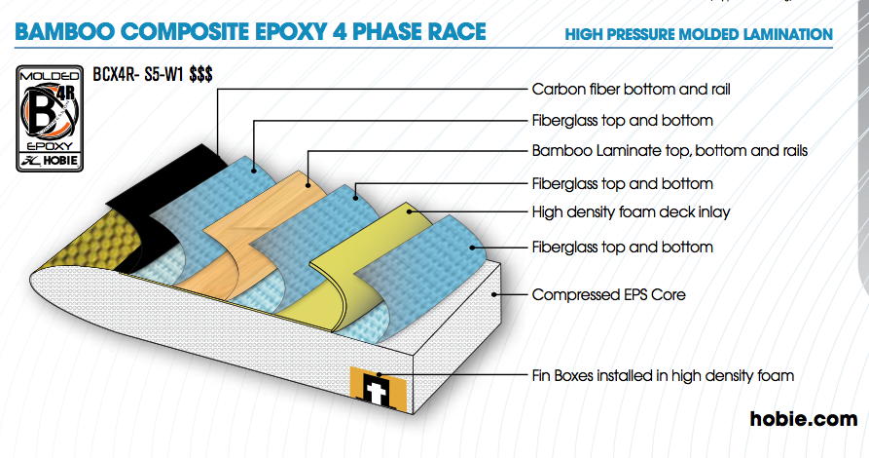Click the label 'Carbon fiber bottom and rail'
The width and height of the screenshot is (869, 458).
click(x=631, y=90)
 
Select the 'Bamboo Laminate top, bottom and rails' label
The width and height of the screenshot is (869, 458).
click(x=670, y=151)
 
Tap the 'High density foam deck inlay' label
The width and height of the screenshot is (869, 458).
click(x=631, y=212)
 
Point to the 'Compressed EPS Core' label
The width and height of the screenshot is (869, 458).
click(x=608, y=295)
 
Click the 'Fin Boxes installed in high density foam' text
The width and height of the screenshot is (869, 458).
click(x=663, y=376)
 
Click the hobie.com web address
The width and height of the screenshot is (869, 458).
click(x=804, y=419)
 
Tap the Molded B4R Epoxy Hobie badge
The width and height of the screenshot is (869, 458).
click(x=50, y=119)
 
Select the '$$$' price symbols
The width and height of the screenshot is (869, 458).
click(x=200, y=74)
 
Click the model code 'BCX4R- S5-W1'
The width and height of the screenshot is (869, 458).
click(x=137, y=74)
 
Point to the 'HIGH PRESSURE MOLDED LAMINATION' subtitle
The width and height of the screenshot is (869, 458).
click(x=699, y=34)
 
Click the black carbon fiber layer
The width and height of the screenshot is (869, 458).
click(x=166, y=194)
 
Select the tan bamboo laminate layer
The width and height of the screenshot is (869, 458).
click(x=261, y=222)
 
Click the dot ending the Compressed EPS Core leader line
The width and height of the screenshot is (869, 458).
click(x=493, y=295)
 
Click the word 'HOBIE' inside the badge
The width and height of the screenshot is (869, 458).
click(x=60, y=162)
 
